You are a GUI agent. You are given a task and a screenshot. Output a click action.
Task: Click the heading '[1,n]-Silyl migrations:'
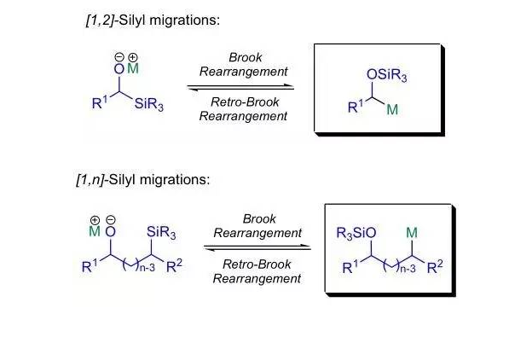pos(143,180)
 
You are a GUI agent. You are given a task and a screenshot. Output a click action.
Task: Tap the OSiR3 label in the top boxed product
pos(386,76)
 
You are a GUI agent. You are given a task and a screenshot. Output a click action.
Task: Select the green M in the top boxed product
pos(392,109)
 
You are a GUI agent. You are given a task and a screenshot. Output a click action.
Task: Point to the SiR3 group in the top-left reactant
pos(148,104)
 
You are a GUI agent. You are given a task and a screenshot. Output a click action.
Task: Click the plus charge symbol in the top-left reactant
pos(132,57)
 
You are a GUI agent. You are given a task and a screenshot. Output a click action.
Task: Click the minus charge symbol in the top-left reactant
pos(119,57)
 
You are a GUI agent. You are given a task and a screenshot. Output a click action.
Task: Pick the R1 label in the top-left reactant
pos(100,102)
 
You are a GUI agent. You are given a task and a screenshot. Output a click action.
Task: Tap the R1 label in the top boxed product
pos(356,107)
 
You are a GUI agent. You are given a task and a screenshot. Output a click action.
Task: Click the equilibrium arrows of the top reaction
pos(240,87)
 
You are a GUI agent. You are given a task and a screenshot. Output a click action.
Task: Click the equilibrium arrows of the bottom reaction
pos(257,247)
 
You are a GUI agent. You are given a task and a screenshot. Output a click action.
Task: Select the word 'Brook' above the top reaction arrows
pos(246,57)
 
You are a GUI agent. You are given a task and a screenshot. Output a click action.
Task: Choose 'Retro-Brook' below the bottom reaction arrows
pos(257,264)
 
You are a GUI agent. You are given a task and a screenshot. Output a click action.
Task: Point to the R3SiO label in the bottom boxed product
pos(356,234)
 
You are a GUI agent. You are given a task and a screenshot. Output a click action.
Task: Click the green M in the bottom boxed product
pos(412,233)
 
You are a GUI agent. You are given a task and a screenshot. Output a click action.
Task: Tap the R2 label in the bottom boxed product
pos(435,267)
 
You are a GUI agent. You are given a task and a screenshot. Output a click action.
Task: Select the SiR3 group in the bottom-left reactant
pos(161,233)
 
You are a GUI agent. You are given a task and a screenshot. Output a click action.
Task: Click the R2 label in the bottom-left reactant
pos(175,265)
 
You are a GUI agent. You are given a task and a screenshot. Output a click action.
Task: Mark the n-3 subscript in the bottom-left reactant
pos(147,268)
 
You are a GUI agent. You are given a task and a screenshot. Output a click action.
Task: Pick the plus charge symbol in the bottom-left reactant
pos(95,220)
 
